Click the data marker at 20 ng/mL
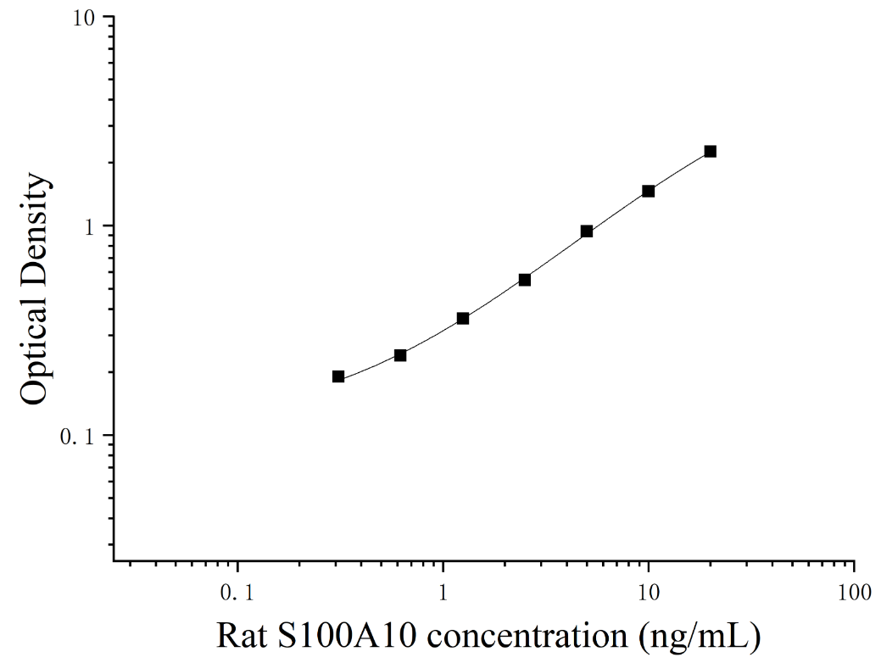click(711, 151)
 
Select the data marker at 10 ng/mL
click(649, 191)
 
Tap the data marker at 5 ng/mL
click(587, 231)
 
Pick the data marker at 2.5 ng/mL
click(525, 280)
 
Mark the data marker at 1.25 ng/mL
click(463, 319)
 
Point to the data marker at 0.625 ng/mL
click(400, 355)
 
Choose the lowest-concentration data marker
click(338, 376)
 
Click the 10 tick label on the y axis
click(83, 19)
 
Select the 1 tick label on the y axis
click(88, 227)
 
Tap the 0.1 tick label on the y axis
click(77, 437)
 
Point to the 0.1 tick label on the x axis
click(237, 592)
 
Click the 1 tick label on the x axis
click(443, 592)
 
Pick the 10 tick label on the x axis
click(649, 592)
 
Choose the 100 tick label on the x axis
click(855, 592)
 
